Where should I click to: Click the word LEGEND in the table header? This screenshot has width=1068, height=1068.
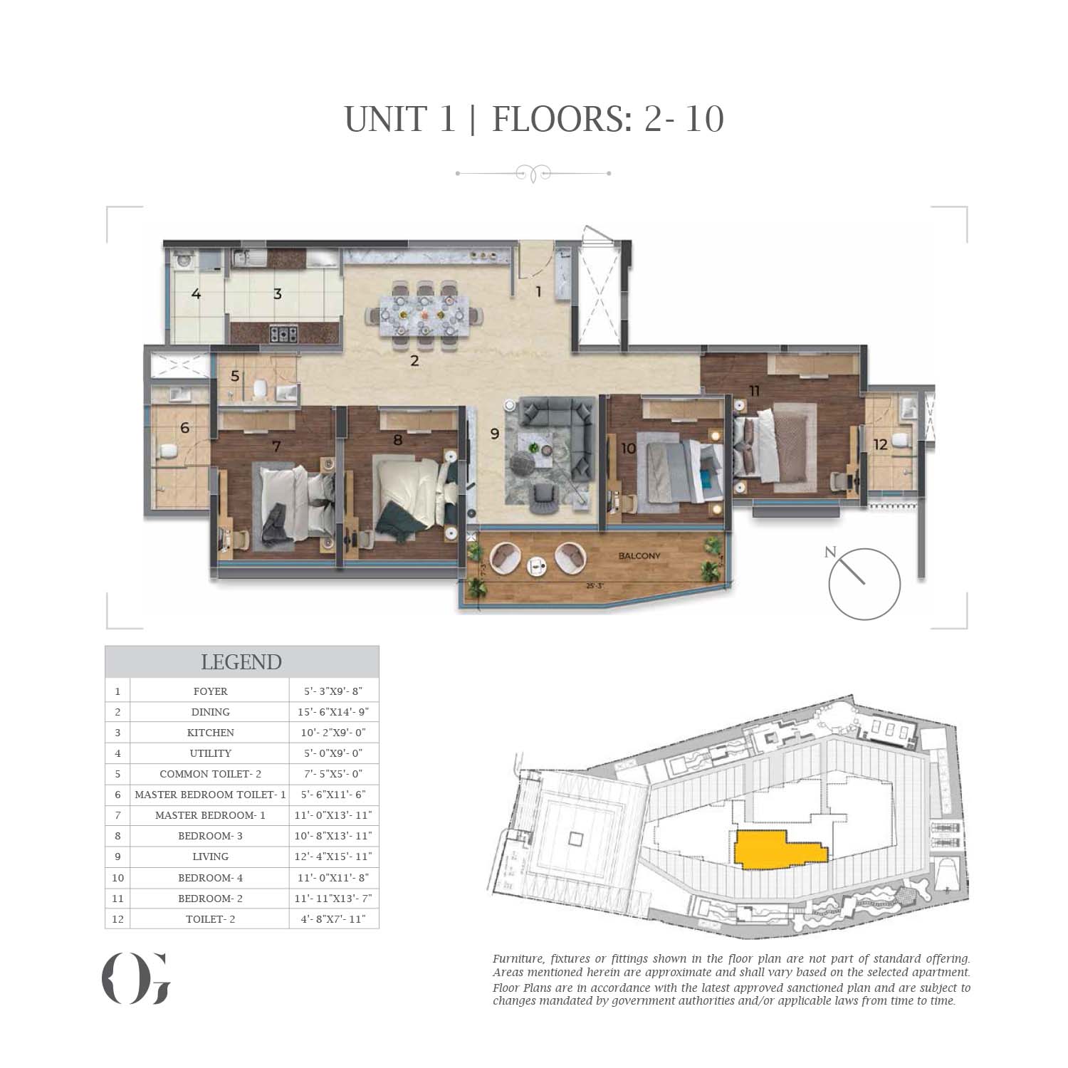(241, 662)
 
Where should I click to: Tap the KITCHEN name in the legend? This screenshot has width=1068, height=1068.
(210, 733)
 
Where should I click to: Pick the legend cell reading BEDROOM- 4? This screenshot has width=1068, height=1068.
(210, 878)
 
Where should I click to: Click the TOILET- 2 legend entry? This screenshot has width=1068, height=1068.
(210, 919)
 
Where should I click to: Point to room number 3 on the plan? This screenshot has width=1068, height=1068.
(278, 293)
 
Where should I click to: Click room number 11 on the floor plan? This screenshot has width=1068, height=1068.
(755, 390)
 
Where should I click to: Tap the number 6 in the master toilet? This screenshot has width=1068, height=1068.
(185, 428)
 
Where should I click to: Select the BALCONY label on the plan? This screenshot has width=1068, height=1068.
(639, 556)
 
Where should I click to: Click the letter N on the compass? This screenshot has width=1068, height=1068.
(829, 552)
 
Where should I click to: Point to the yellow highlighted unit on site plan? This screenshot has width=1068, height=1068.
(780, 849)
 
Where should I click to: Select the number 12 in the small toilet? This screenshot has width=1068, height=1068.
(881, 445)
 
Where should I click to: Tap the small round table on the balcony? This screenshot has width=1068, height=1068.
(535, 565)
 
